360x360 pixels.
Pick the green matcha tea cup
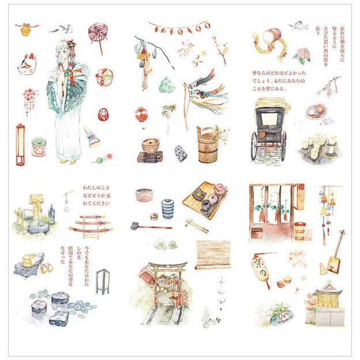pos(39,146)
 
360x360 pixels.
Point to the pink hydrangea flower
pos(302,55)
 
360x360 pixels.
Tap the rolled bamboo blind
pos(213,254)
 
